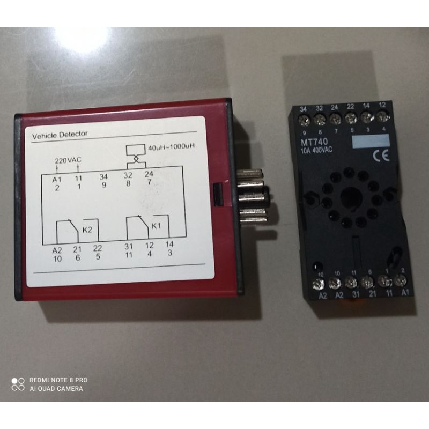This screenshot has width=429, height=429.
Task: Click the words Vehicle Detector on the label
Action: pos(60,134)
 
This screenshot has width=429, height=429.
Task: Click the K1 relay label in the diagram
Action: pos(156,226)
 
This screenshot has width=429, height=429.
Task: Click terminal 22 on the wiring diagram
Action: pos(98,248)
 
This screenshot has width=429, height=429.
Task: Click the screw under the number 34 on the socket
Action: pos(305,117)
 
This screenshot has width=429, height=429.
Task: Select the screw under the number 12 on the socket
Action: pos(382,116)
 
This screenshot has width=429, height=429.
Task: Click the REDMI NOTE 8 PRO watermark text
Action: pos(58,380)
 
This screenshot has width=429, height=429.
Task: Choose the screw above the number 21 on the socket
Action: pos(367,280)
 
